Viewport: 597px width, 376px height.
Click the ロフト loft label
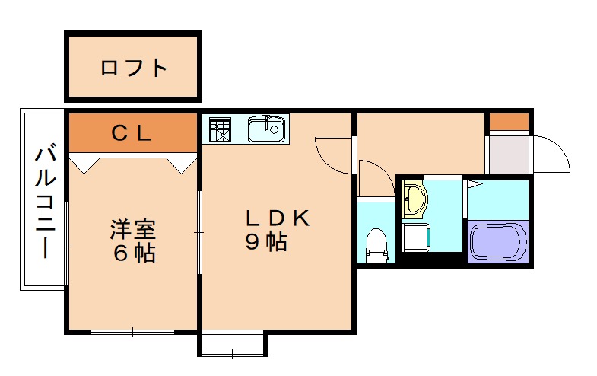tap(134, 68)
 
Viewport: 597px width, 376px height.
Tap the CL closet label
tap(132, 133)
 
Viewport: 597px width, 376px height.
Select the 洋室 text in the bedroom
tap(134, 228)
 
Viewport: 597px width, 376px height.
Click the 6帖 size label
tap(134, 253)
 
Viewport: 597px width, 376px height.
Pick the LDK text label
tap(277, 218)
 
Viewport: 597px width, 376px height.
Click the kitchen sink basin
tap(266, 129)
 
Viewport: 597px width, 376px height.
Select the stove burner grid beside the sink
tap(220, 129)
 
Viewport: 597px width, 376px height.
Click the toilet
tap(376, 243)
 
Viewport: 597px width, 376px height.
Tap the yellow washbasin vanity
tap(414, 199)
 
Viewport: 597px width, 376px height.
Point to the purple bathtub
tap(498, 240)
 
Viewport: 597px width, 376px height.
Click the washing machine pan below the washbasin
tap(416, 236)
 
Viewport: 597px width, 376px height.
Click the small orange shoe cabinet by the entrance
tap(508, 122)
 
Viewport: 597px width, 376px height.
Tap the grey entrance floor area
tap(507, 155)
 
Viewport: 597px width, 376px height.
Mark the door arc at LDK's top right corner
tap(333, 151)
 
